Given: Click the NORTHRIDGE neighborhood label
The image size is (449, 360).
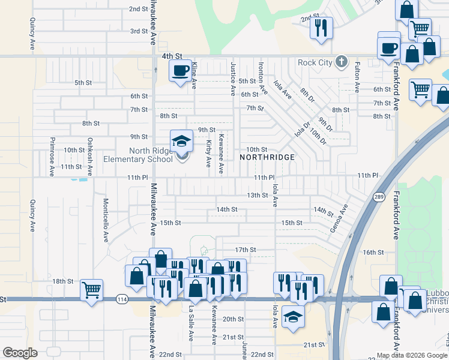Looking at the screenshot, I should (x=267, y=157).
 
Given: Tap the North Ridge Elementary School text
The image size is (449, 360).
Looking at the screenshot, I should (x=138, y=155).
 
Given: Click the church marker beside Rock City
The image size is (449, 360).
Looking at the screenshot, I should (x=342, y=61).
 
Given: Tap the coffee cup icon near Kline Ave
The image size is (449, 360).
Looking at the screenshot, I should (x=181, y=71).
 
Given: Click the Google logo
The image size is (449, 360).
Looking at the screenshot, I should (x=20, y=353).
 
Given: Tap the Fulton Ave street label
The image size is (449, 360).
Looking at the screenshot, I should (x=357, y=77).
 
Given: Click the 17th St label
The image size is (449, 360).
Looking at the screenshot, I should (x=246, y=250).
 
